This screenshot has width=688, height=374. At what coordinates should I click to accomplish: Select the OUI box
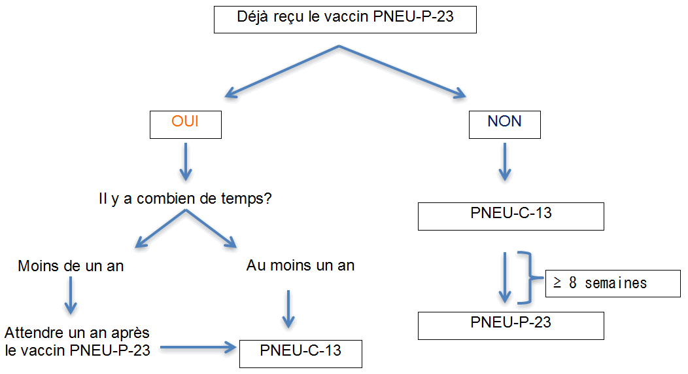point(186,124)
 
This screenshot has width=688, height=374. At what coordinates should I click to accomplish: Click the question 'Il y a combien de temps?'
point(185,198)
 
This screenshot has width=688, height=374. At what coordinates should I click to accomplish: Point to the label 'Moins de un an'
point(71,267)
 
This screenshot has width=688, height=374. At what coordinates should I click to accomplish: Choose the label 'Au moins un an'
point(300,265)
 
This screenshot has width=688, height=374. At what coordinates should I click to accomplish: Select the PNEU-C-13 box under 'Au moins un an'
point(300,352)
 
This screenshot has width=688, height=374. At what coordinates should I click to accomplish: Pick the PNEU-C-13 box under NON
point(511,215)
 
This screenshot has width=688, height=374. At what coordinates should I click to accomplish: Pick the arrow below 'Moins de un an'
point(71,295)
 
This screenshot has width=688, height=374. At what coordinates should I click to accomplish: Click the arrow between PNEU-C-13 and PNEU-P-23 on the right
point(504,278)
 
